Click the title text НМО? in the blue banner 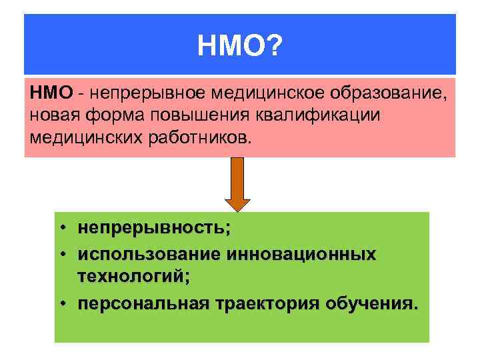[240, 47]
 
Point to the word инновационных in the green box [301, 255]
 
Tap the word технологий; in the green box [133, 275]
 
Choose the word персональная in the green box [144, 304]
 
